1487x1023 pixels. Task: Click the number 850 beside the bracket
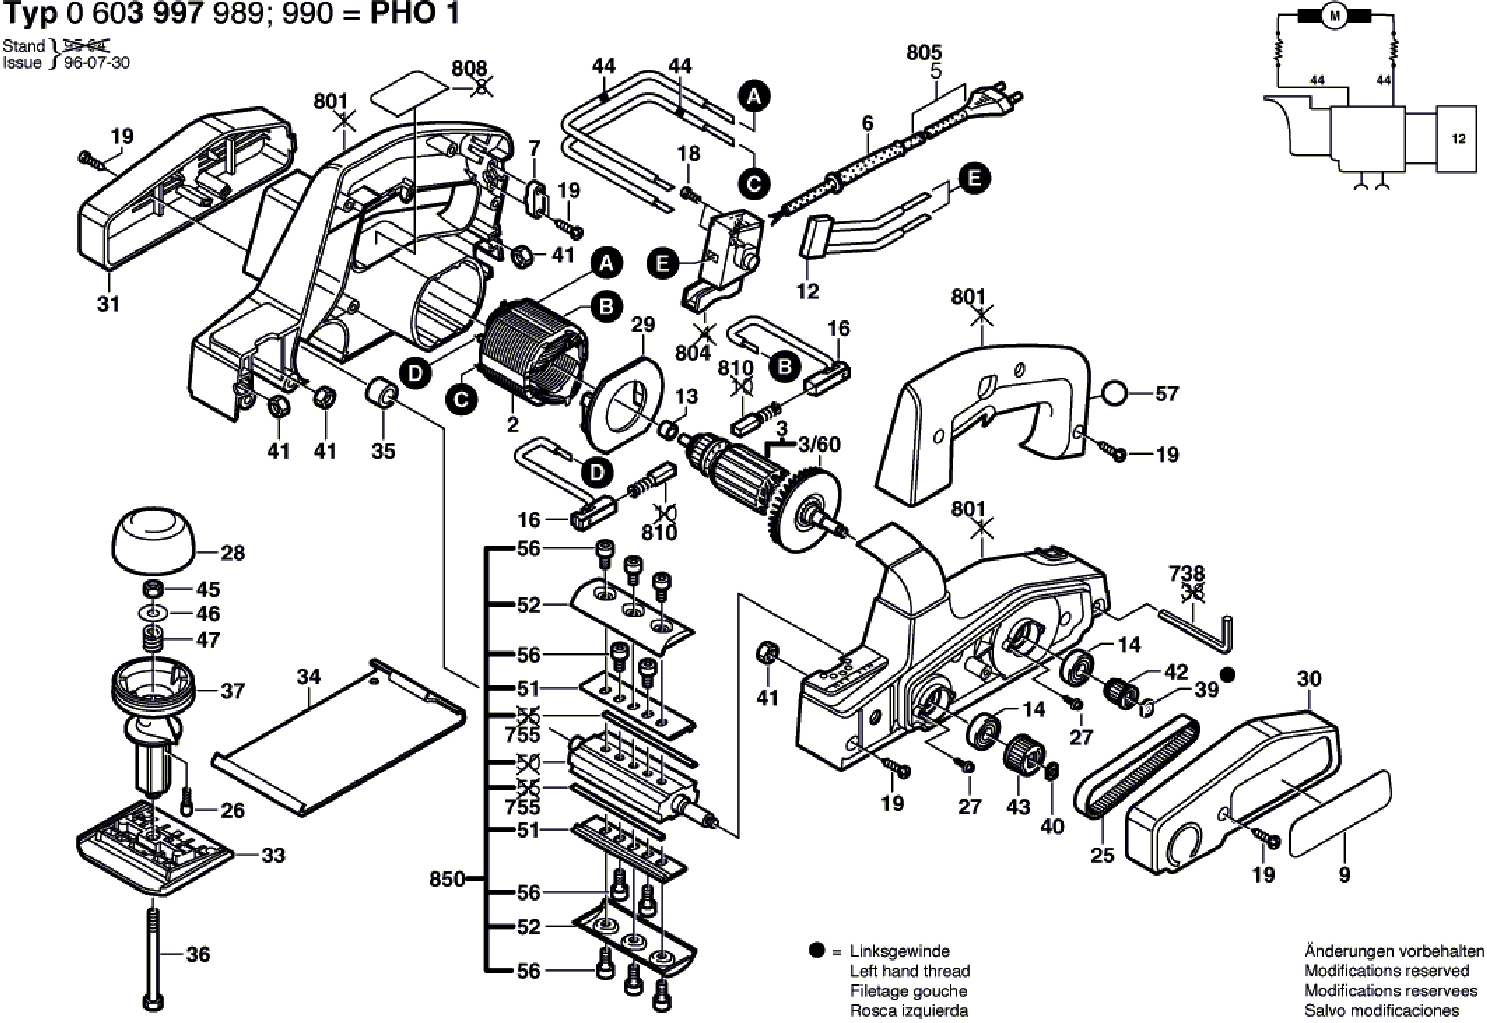[x=446, y=879]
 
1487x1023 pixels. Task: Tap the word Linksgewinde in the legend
[x=900, y=951]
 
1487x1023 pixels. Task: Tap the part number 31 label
[x=108, y=304]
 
